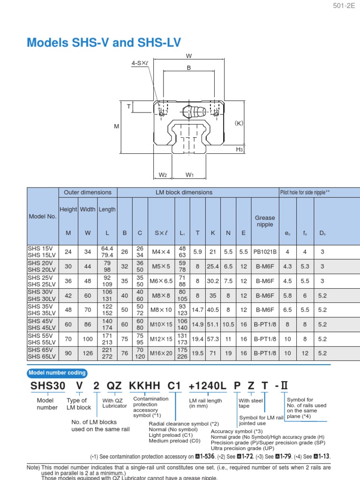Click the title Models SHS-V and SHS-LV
104,43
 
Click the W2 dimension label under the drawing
163,175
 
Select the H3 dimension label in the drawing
239,149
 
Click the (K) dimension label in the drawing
240,123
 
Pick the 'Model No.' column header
43,217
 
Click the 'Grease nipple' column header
265,221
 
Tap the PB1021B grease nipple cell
265,252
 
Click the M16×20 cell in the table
162,353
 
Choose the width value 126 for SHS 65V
88,353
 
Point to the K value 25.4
213,266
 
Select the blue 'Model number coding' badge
58,373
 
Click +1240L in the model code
207,386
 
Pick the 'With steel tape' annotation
250,403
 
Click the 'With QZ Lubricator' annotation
114,403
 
